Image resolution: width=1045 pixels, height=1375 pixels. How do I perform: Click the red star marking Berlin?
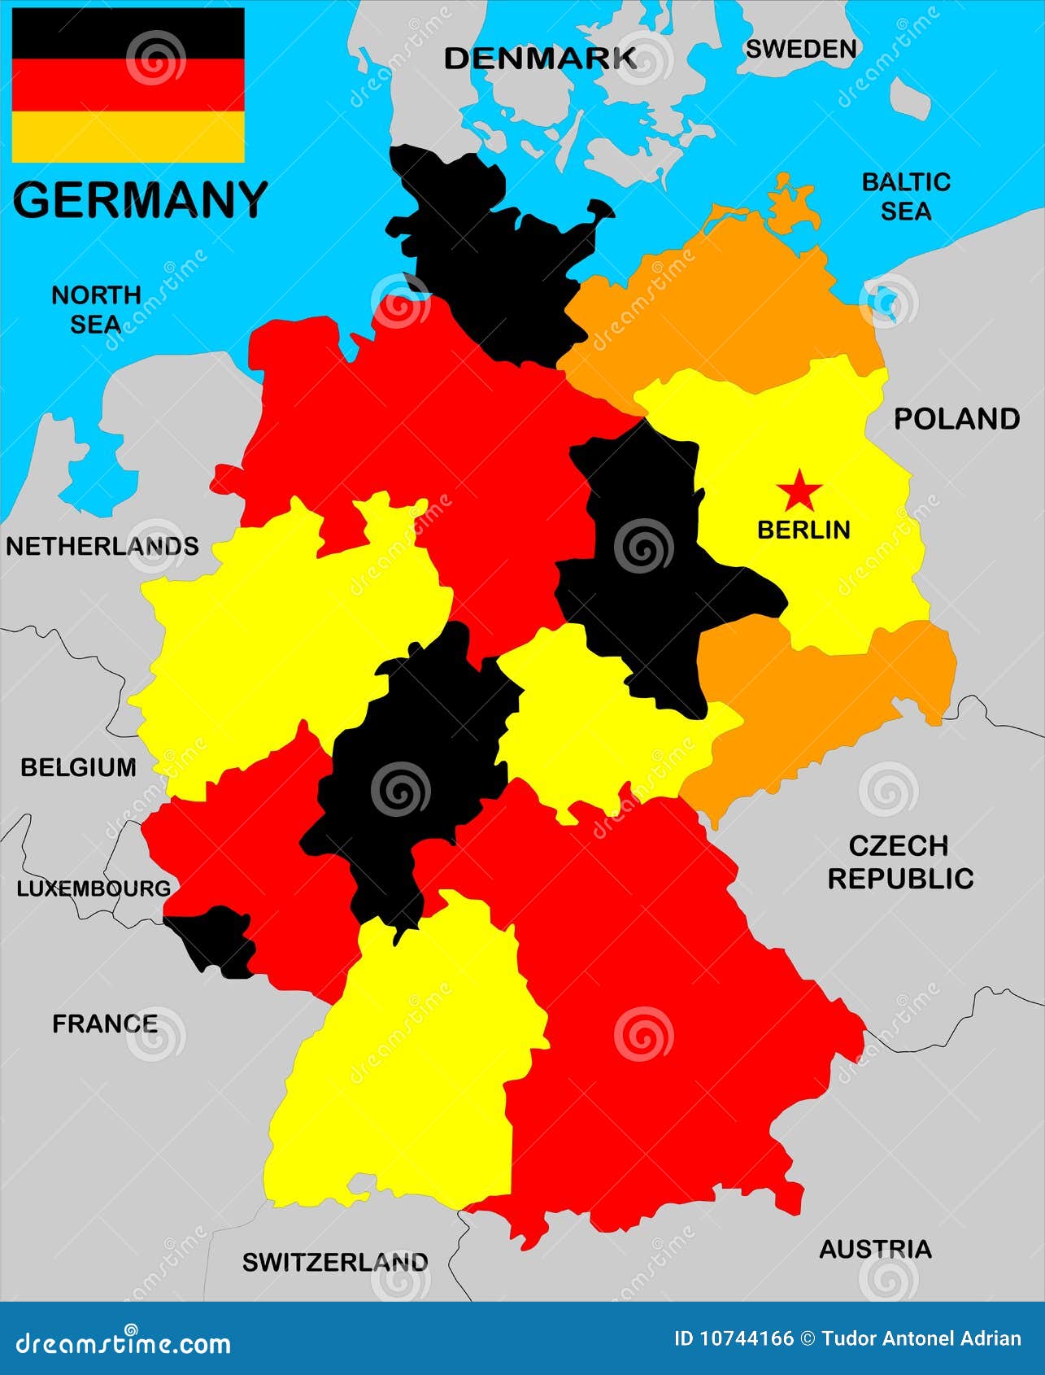(799, 491)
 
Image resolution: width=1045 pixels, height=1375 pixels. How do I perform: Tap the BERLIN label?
(803, 530)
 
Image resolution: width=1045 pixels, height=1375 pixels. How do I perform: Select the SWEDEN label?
(801, 49)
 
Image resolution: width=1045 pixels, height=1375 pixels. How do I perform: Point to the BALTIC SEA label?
(906, 196)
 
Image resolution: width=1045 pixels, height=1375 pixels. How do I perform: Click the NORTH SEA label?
(96, 309)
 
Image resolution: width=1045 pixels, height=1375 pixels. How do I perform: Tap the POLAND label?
(956, 418)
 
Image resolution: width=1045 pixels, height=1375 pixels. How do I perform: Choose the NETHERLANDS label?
(102, 546)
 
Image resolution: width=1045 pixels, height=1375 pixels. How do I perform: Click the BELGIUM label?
(78, 767)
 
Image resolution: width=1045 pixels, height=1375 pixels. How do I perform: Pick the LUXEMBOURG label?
(94, 888)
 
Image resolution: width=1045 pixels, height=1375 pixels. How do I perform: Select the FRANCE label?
(105, 1024)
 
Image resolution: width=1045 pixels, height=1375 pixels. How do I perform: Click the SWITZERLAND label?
(335, 1262)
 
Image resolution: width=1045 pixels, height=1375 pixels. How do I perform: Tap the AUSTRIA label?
(875, 1249)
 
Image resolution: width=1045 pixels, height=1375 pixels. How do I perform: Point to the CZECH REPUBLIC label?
(899, 862)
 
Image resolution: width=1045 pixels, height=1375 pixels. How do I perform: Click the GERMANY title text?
(140, 200)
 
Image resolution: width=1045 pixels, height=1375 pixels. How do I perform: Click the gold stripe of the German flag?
(128, 137)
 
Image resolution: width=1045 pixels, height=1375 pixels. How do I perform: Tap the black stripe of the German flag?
(128, 34)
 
